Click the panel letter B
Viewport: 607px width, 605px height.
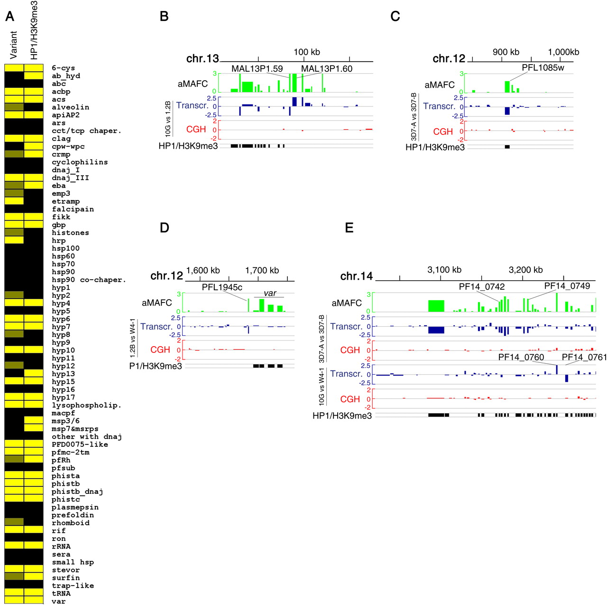(164, 17)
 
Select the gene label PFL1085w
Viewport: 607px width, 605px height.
(543, 67)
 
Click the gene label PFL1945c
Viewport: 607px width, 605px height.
(222, 287)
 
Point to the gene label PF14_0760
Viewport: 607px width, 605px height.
(521, 357)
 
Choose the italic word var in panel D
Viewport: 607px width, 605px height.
(270, 293)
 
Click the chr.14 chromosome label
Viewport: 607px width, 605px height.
(357, 276)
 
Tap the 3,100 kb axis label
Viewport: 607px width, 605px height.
(444, 270)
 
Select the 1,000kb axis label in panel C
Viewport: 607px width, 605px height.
(563, 52)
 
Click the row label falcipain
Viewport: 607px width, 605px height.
(73, 209)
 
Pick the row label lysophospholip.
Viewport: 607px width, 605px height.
(86, 405)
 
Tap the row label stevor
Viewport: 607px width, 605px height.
(65, 570)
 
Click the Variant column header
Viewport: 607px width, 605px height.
(13, 45)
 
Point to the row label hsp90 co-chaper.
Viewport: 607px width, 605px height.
(89, 280)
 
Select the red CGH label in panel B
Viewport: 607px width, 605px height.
(196, 129)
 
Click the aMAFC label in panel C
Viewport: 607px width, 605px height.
(440, 85)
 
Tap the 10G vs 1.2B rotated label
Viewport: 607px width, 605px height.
(168, 119)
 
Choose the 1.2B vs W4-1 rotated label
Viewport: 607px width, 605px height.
(133, 338)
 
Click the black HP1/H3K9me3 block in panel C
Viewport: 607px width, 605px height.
(507, 147)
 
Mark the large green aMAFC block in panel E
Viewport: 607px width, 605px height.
(436, 305)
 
